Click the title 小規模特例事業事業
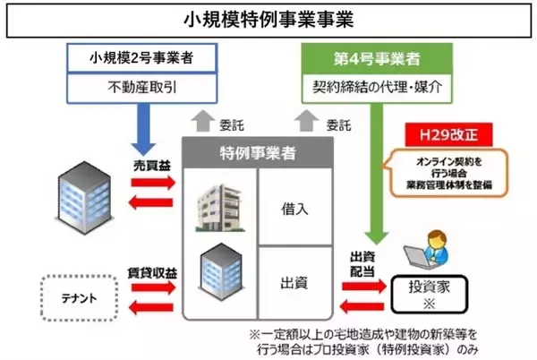[268, 17]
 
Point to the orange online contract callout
[445, 173]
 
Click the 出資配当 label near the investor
[362, 261]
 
